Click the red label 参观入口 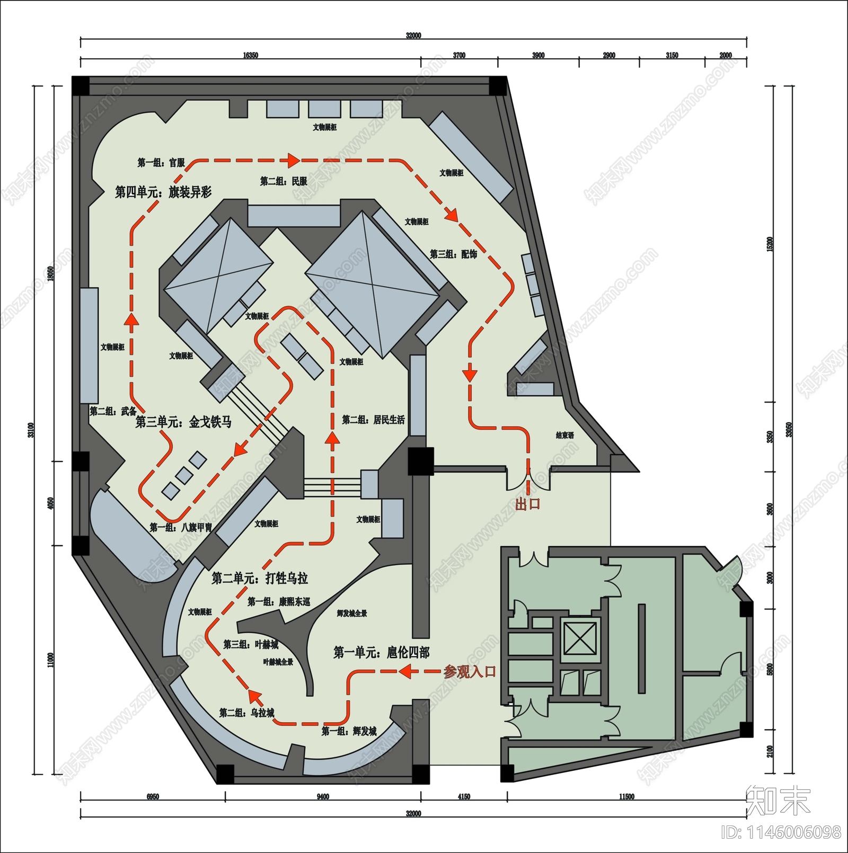click(x=470, y=672)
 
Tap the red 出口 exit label click(x=527, y=504)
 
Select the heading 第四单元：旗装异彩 click(x=163, y=192)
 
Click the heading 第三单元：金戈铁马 click(x=183, y=422)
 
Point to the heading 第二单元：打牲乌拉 click(x=260, y=578)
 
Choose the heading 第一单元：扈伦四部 click(x=381, y=652)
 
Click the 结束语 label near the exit click(x=565, y=435)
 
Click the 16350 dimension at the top click(x=250, y=55)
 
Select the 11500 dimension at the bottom click(x=626, y=797)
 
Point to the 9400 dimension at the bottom click(x=323, y=797)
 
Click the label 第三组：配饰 click(x=453, y=254)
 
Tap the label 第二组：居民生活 click(x=373, y=420)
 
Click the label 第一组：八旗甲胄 click(x=181, y=527)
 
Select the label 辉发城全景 click(x=352, y=614)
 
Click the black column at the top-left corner click(x=81, y=85)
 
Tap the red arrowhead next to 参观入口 click(x=405, y=672)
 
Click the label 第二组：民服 click(x=284, y=181)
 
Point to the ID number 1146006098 click(x=781, y=832)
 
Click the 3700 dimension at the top click(x=459, y=55)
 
